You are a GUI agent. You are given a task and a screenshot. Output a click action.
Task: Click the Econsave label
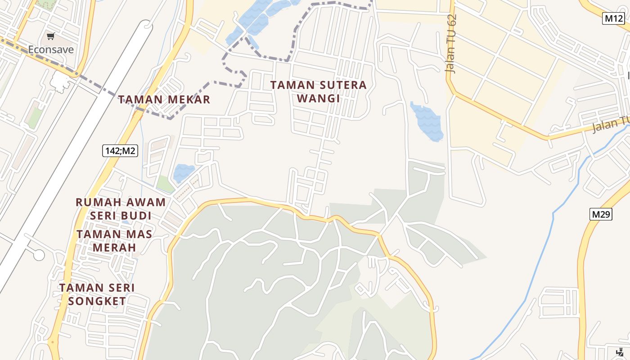[51, 49]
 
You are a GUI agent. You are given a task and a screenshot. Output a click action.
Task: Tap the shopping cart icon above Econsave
[51, 36]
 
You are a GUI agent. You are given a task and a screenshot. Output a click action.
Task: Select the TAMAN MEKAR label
[164, 99]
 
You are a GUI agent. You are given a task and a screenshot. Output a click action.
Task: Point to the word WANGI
[319, 98]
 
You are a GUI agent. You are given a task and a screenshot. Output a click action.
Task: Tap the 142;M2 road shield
[120, 151]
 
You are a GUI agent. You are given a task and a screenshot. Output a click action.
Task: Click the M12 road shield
[613, 18]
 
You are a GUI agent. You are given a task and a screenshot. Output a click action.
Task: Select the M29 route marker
[601, 214]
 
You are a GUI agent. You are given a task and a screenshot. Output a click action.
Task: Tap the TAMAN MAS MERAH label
[114, 241]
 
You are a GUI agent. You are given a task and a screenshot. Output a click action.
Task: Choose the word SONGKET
[97, 301]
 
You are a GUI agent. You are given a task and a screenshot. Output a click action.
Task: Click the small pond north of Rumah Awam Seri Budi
[184, 172]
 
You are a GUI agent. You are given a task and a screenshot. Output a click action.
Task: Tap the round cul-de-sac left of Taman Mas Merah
[39, 255]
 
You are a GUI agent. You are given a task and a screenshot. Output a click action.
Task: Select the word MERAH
[114, 247]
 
